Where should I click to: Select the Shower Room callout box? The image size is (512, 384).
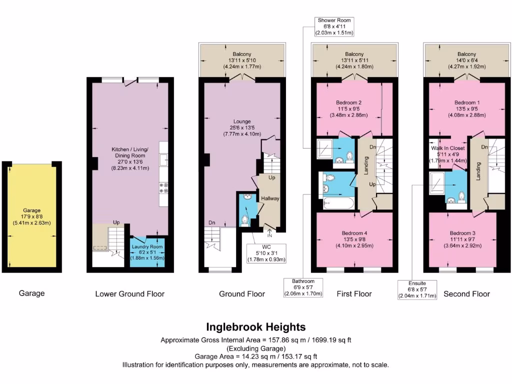pos(334,26)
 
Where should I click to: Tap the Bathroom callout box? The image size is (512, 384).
pos(303,287)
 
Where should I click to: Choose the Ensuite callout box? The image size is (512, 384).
pos(417,289)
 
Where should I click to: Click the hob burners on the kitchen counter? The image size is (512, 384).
pos(163,187)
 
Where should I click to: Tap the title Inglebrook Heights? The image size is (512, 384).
pos(255,327)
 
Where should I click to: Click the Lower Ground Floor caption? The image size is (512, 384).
pos(129,293)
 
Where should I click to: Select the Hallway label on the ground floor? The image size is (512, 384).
pos(269,198)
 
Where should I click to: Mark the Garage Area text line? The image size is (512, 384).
pos(255,356)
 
